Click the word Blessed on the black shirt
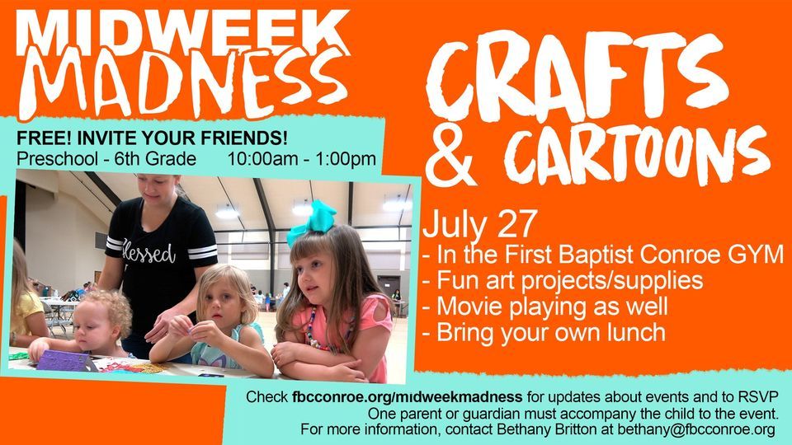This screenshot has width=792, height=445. tap(148, 251)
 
